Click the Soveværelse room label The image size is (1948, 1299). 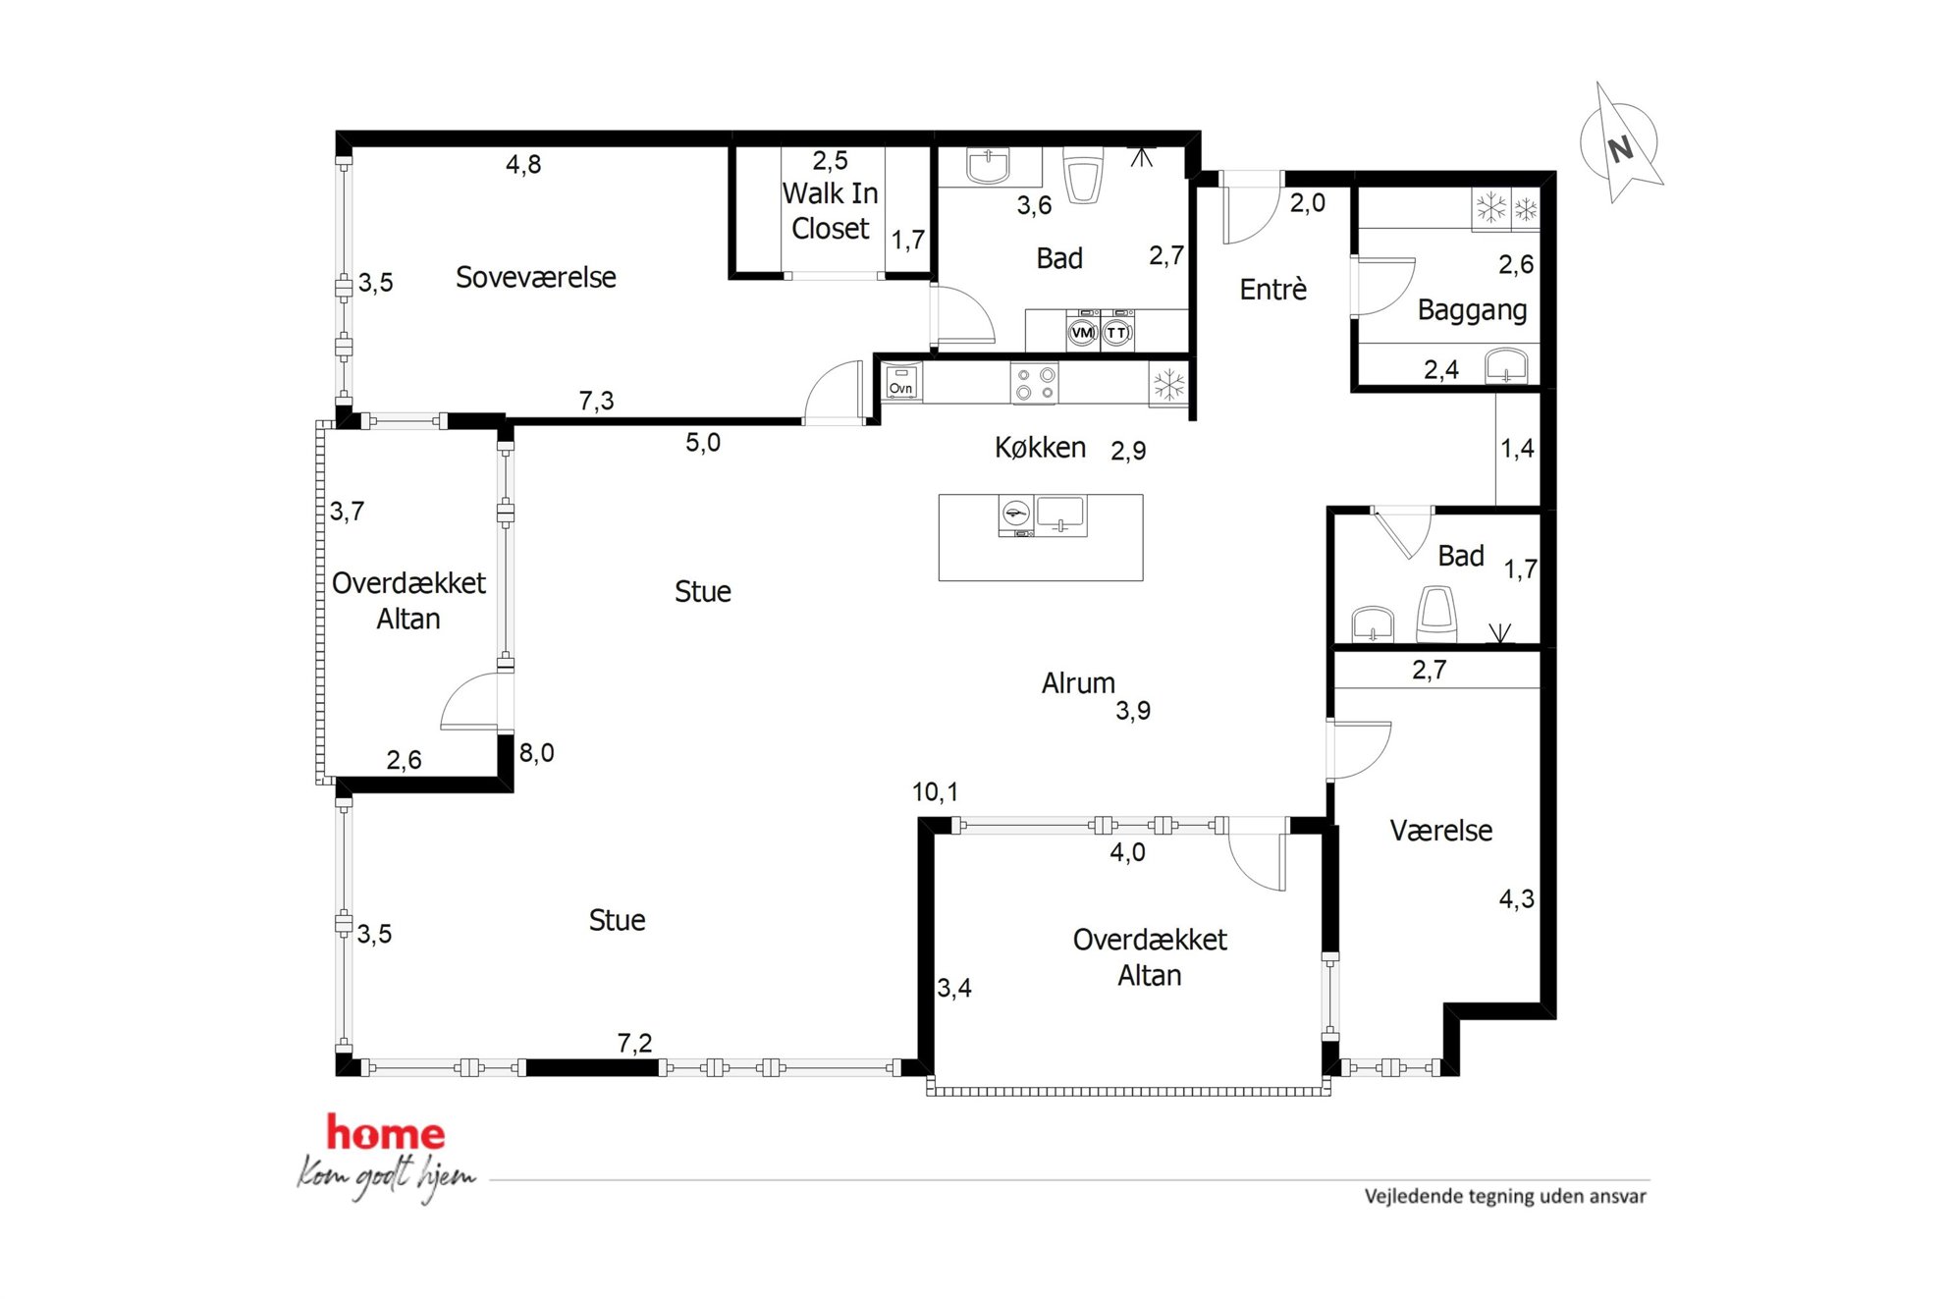[x=536, y=278]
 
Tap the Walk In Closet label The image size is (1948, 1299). [x=831, y=210]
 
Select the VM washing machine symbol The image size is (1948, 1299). [x=1082, y=332]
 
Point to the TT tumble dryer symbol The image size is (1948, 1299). [x=1116, y=332]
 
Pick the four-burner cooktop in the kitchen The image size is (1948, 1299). [x=1035, y=383]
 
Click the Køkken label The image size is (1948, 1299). [x=1040, y=448]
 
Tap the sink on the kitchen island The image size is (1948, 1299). [x=1061, y=515]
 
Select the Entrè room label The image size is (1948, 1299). [x=1273, y=290]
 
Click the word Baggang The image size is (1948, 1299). [x=1472, y=311]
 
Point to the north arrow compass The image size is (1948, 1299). [x=1620, y=144]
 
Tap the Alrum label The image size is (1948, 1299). [x=1078, y=683]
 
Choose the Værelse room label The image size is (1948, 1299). [x=1440, y=832]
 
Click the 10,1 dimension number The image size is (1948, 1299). [x=935, y=791]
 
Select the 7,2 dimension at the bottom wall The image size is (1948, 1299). [x=634, y=1043]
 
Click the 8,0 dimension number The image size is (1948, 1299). [x=536, y=753]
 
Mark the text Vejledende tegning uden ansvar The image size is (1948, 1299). [x=1505, y=1196]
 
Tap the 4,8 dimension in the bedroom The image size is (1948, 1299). [x=523, y=164]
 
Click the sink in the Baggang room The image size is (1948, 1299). [x=1506, y=364]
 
